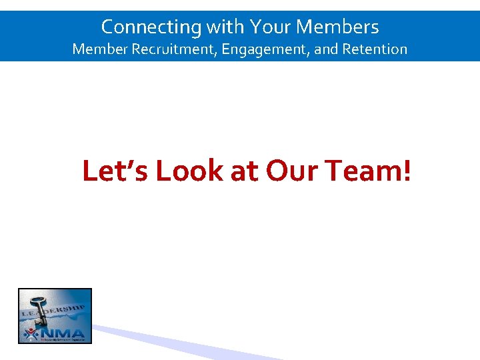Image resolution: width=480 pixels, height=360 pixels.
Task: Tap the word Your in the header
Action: [x=271, y=27]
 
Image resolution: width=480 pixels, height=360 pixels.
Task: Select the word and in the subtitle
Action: [x=326, y=49]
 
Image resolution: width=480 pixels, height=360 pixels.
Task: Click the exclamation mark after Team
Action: [x=406, y=171]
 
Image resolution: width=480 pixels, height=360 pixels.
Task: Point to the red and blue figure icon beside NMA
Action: [x=31, y=333]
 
